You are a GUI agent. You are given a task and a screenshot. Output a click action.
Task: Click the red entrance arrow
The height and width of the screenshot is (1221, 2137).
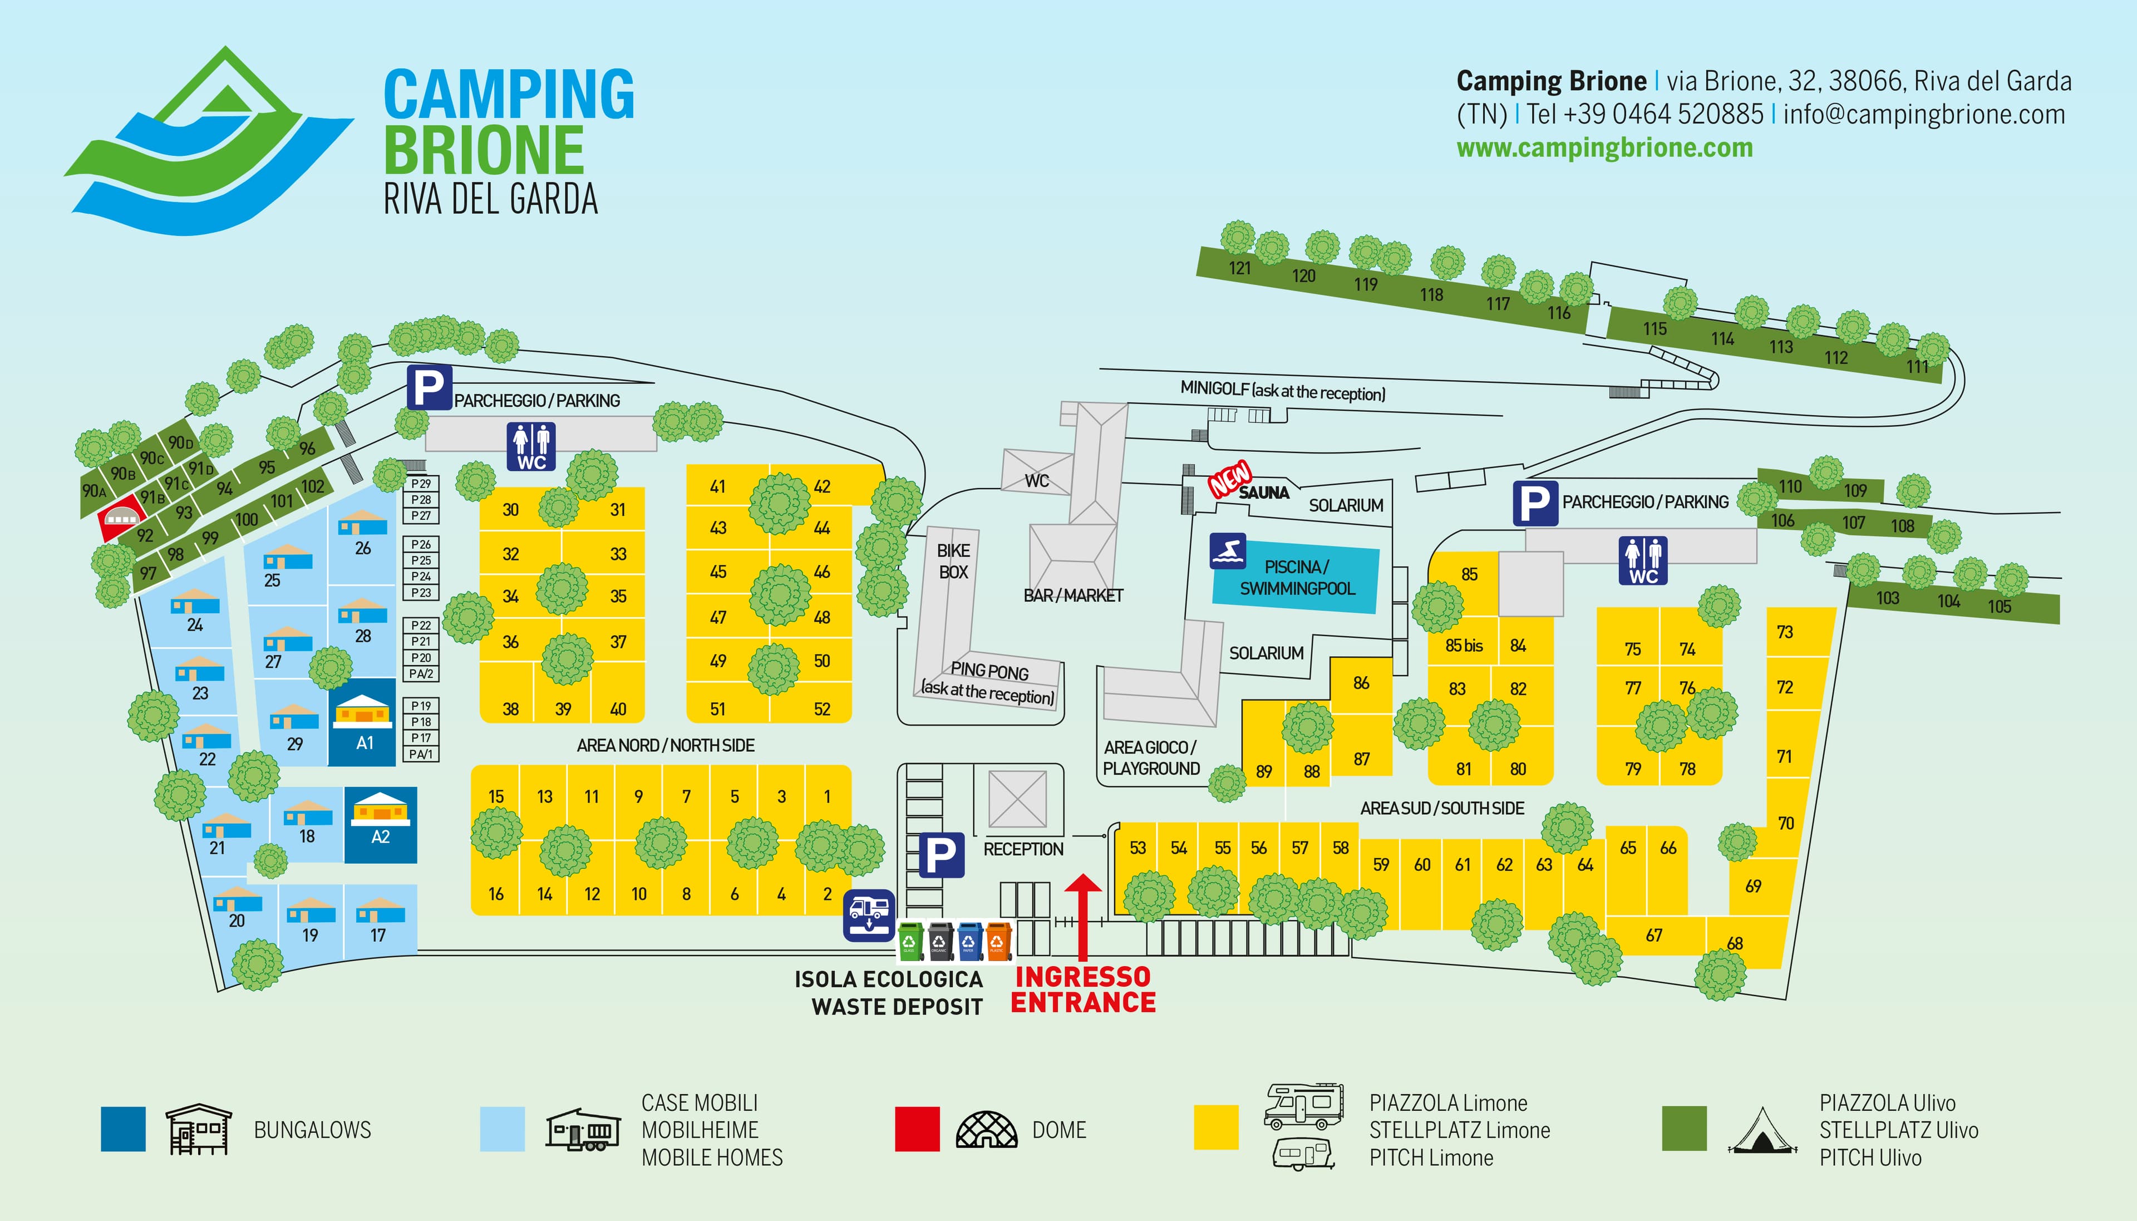[x=1082, y=917]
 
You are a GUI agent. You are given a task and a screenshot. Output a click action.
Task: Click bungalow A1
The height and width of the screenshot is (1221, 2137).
[x=363, y=722]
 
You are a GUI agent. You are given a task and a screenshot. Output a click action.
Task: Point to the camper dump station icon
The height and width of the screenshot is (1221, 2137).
[x=869, y=915]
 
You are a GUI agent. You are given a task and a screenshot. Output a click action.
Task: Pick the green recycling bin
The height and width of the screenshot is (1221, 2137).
[x=910, y=941]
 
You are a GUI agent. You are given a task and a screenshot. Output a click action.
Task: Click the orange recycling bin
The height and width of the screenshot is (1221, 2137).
[x=998, y=941]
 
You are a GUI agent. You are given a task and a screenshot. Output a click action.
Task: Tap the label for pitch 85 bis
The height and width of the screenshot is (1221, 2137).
[x=1464, y=646]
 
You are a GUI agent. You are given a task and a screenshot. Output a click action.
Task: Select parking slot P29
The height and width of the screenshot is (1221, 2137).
[x=421, y=484]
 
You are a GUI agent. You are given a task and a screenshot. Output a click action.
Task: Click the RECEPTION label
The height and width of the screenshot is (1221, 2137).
[x=1023, y=849]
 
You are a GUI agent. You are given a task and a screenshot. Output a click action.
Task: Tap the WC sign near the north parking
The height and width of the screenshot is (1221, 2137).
[x=531, y=446]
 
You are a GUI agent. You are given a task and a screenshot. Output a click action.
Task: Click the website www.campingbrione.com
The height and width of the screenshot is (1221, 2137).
[x=1604, y=147]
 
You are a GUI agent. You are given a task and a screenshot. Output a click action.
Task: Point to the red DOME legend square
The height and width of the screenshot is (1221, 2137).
[x=917, y=1129]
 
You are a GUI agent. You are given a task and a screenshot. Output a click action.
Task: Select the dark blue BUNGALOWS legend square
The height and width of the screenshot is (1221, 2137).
[x=123, y=1129]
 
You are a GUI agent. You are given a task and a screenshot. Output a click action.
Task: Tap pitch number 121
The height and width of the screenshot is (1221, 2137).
[x=1240, y=268]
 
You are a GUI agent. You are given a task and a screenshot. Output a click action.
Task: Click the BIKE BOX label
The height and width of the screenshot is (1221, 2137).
[x=953, y=561]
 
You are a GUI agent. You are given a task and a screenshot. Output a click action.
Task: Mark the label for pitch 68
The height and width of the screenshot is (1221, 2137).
[x=1735, y=943]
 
